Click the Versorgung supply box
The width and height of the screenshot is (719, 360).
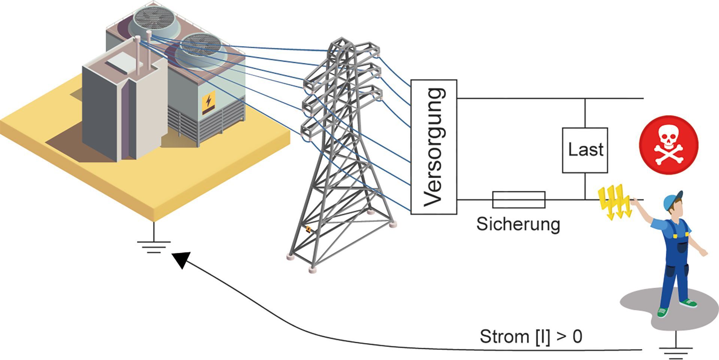pos(434,147)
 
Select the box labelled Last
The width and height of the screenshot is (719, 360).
pos(585,150)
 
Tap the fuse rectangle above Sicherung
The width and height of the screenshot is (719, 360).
pos(518,199)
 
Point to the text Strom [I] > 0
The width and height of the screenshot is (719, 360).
pos(531,336)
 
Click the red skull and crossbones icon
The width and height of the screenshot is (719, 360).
pos(668,145)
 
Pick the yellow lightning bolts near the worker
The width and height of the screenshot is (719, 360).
pos(614,202)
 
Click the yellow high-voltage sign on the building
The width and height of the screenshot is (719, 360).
pos(208,103)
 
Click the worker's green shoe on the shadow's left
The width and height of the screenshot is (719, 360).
pos(662,312)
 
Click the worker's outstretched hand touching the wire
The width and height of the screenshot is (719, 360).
pos(634,202)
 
